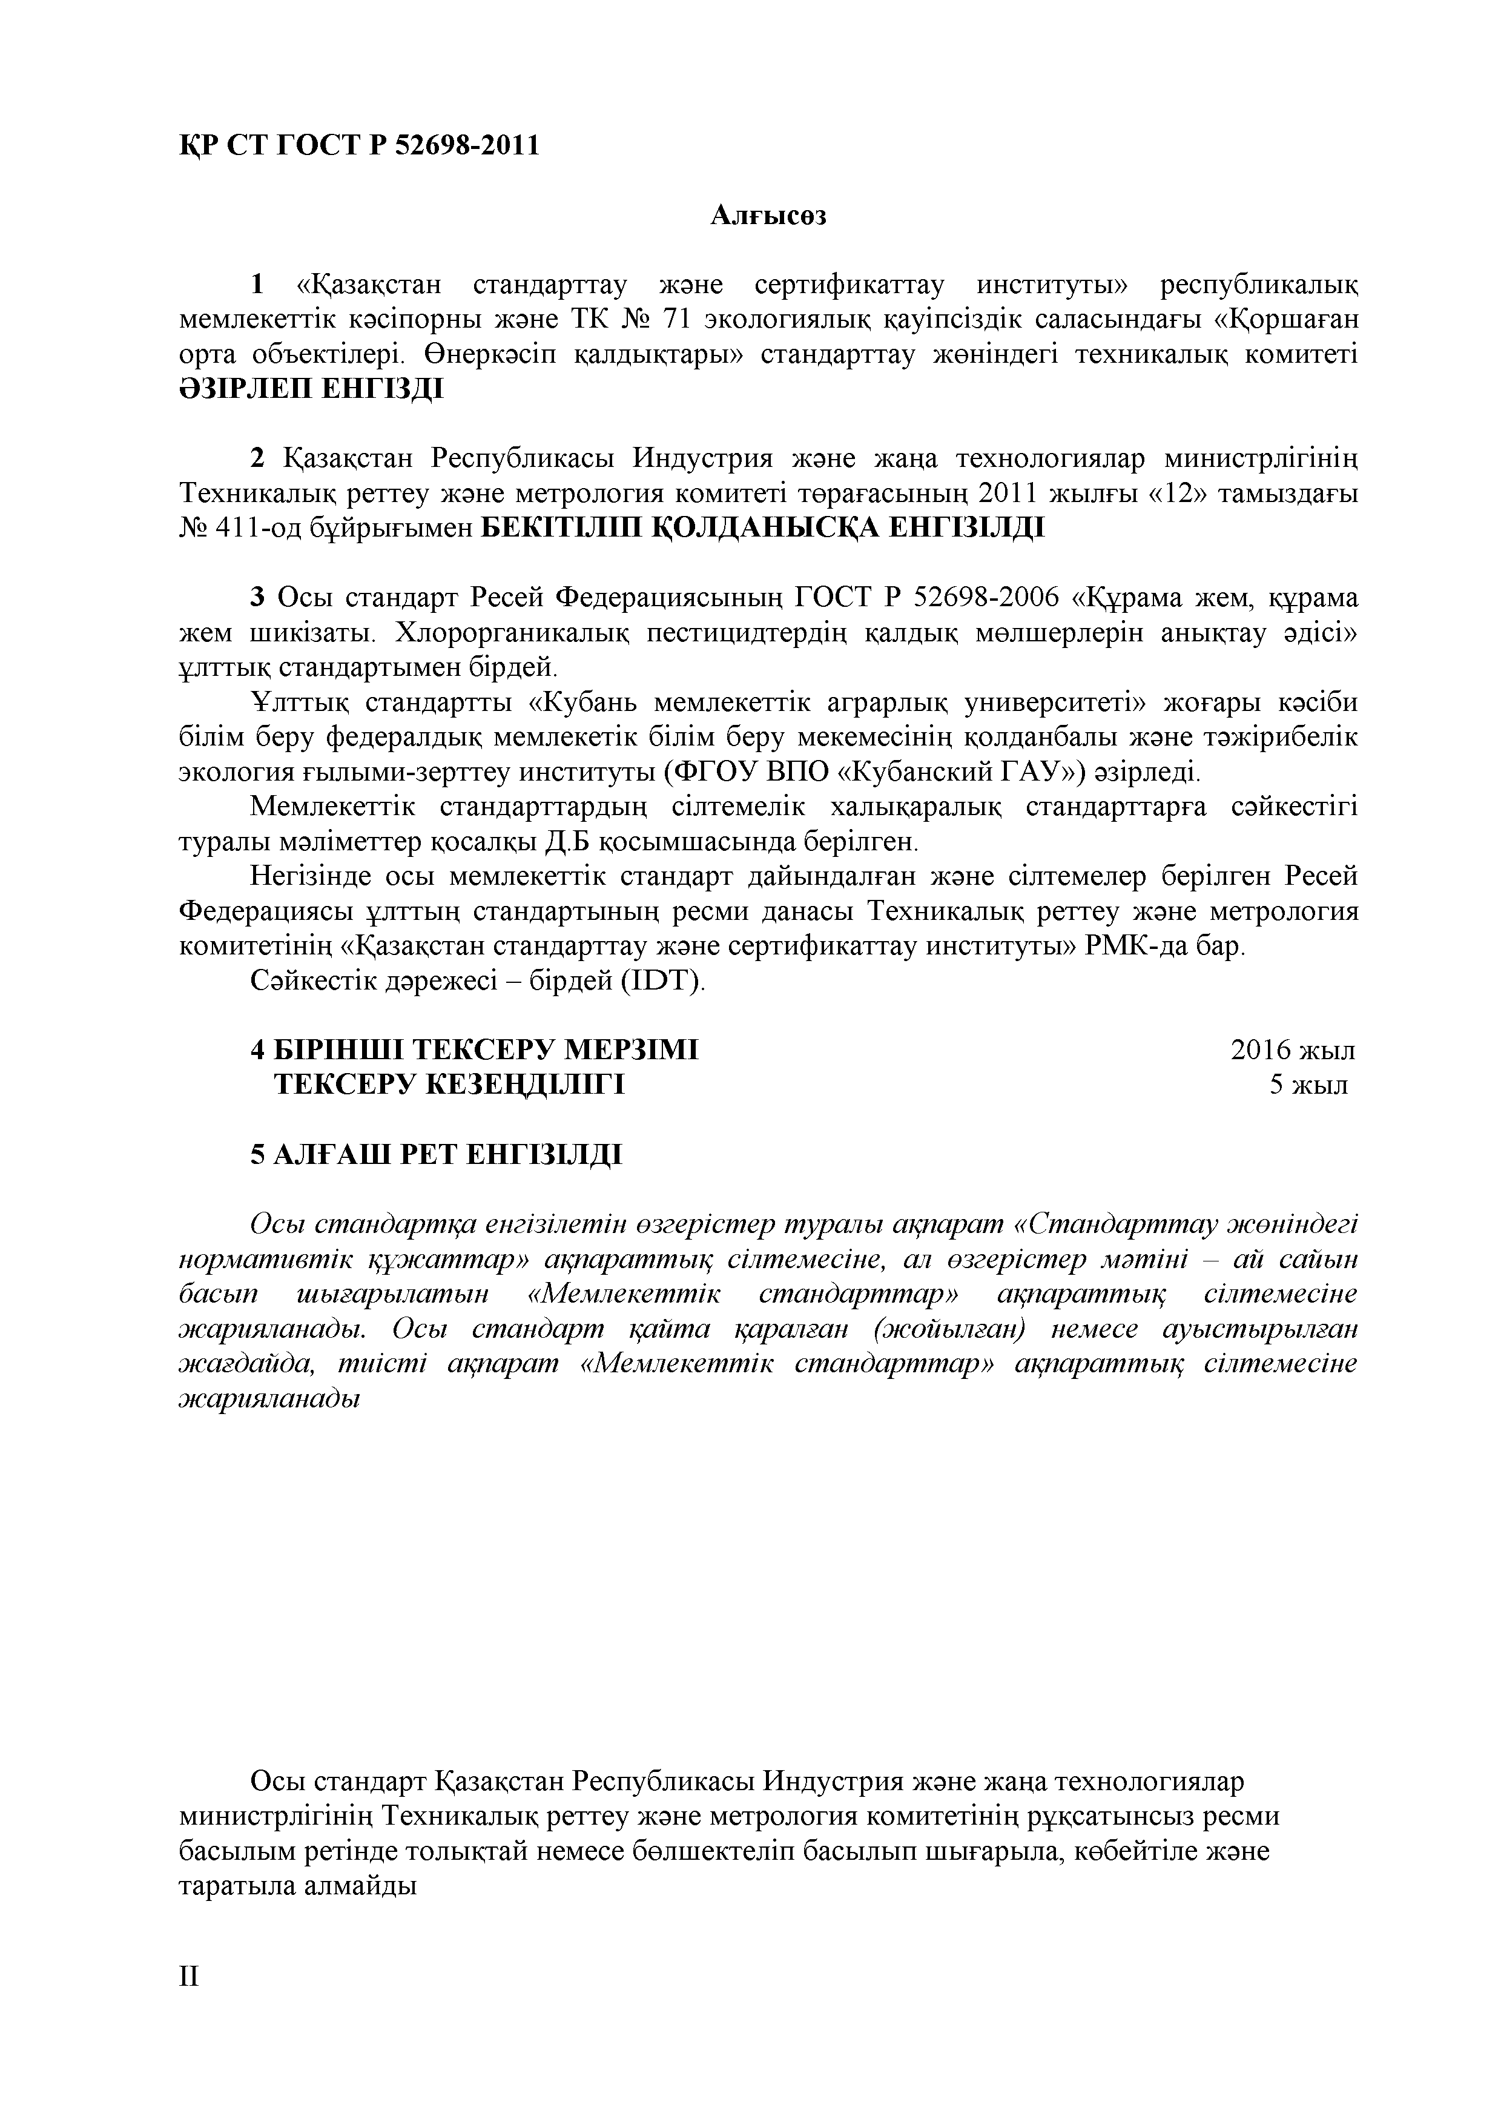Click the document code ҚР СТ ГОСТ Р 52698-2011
click(x=358, y=145)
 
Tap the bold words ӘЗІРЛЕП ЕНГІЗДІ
click(x=311, y=389)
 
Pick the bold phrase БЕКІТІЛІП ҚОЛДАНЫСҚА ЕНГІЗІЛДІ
click(x=764, y=529)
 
